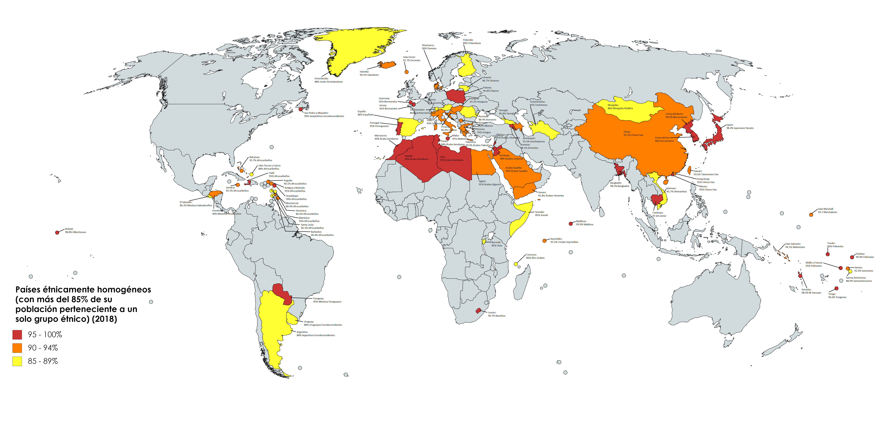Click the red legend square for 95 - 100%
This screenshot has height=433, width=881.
pos(17,335)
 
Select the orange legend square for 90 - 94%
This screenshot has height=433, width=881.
pos(17,348)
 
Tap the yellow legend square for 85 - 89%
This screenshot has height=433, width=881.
pos(17,361)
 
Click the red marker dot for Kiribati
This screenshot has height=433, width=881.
pos(57,233)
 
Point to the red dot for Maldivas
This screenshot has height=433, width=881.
pos(570,224)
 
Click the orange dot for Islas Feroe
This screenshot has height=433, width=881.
pos(406,72)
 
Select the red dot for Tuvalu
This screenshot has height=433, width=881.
pos(828,254)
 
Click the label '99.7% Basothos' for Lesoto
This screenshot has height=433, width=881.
pos(497,316)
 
